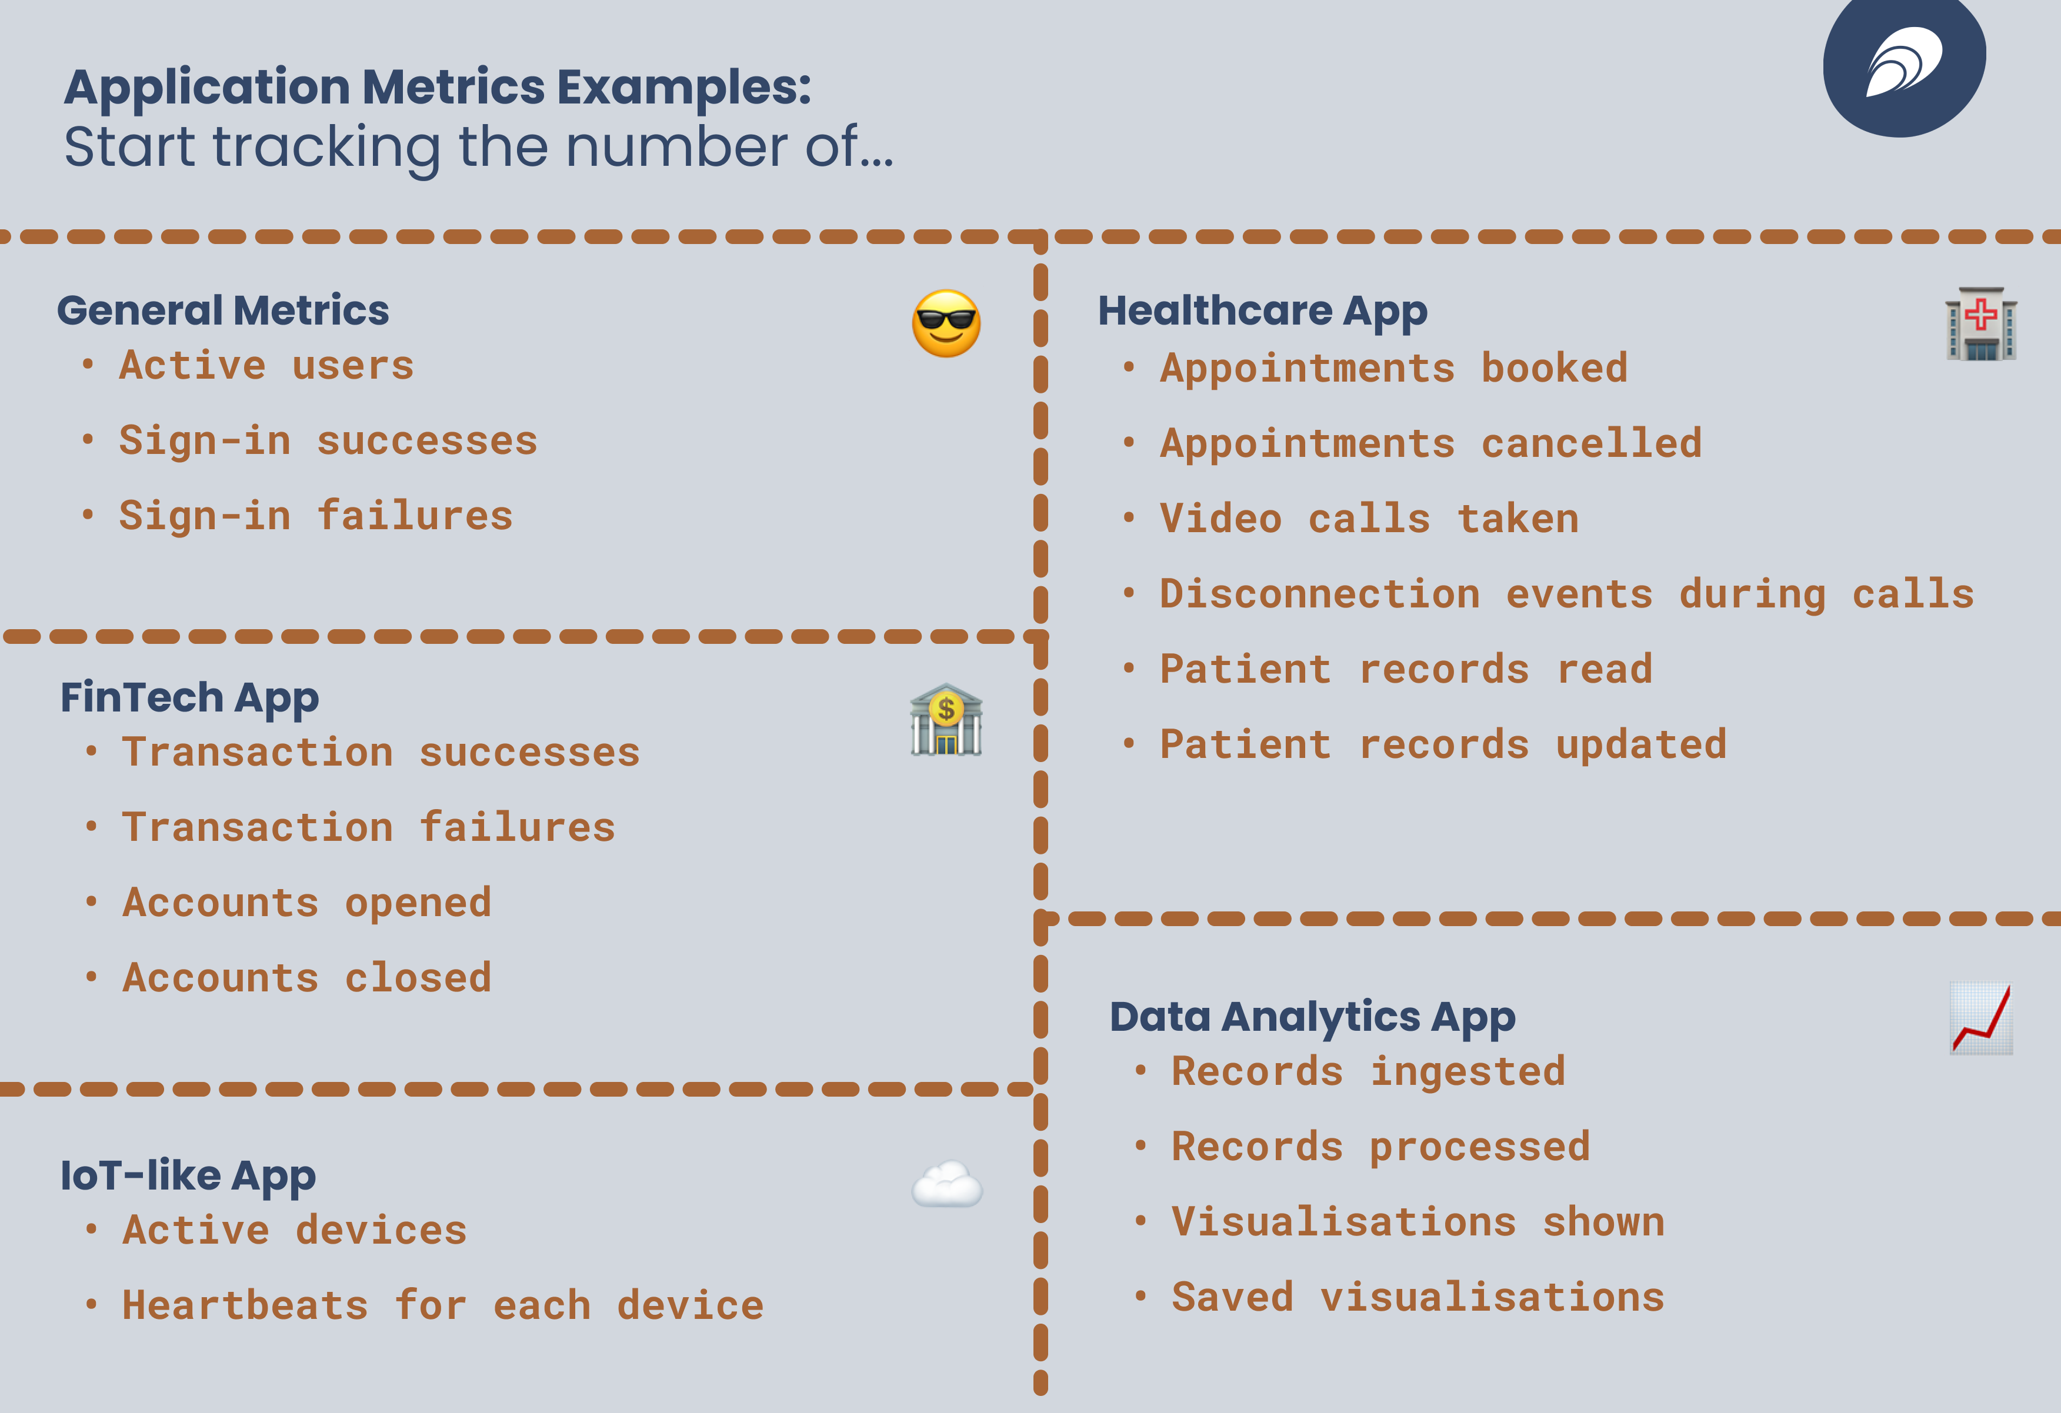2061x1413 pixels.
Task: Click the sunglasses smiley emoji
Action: click(x=946, y=323)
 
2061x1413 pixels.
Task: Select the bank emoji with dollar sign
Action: click(x=946, y=720)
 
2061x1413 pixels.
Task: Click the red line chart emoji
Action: click(x=1980, y=1018)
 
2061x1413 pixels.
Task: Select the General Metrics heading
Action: click(x=222, y=310)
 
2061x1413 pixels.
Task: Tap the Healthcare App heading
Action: click(x=1262, y=311)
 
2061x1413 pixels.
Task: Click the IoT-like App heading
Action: click(x=188, y=1175)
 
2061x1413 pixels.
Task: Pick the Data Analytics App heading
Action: click(x=1312, y=1017)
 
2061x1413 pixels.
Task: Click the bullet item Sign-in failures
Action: click(x=316, y=516)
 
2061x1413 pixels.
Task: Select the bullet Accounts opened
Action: click(x=307, y=903)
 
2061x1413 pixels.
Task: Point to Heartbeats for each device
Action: click(x=442, y=1305)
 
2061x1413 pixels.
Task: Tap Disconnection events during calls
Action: click(x=1566, y=594)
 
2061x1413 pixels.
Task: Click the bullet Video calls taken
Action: click(x=1369, y=519)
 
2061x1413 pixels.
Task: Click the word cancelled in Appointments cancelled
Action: click(x=1591, y=443)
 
